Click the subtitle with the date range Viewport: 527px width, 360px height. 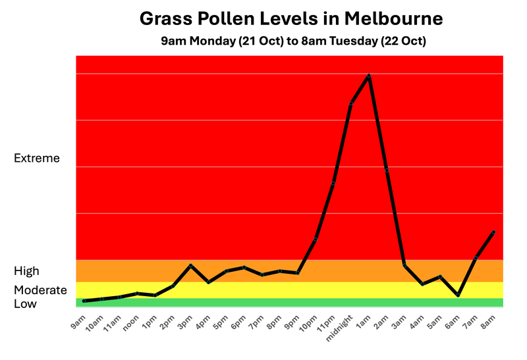294,41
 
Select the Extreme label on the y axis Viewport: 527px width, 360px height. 37,158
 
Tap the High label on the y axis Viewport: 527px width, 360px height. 27,270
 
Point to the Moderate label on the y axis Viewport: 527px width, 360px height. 40,290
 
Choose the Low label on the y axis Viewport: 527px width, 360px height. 26,303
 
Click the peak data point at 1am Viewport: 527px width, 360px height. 369,76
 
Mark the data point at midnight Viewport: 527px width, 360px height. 351,103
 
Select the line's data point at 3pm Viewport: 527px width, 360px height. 190,265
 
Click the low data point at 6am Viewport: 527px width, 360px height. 458,296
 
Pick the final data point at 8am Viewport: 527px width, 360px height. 493,232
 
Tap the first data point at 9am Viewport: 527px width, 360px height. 84,301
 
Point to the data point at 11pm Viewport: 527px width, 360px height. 333,183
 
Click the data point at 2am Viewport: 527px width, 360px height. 387,170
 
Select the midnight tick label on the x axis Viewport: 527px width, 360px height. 339,326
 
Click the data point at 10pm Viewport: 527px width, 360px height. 316,239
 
